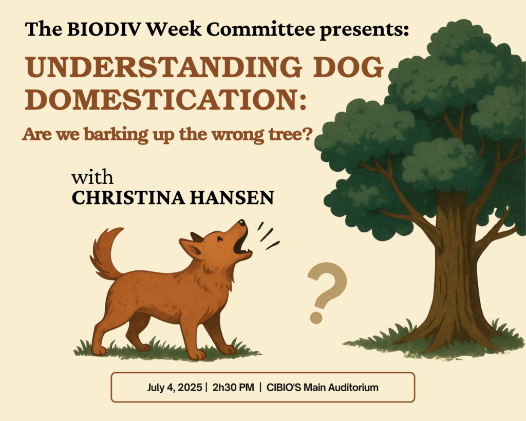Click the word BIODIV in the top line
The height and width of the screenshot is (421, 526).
pyautogui.click(x=104, y=29)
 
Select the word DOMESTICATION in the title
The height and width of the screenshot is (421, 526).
pyautogui.click(x=166, y=100)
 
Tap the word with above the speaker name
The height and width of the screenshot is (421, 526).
pyautogui.click(x=92, y=177)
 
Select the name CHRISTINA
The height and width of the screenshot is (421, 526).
pyautogui.click(x=128, y=197)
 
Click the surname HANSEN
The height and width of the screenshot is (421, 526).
pyautogui.click(x=232, y=197)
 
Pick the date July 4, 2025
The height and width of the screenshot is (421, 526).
pyautogui.click(x=175, y=388)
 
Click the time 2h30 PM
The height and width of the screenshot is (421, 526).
pyautogui.click(x=233, y=388)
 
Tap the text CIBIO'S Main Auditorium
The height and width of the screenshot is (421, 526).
pyautogui.click(x=323, y=388)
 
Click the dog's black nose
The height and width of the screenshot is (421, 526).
pyautogui.click(x=241, y=223)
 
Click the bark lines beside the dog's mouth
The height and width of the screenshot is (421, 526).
pyautogui.click(x=268, y=236)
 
